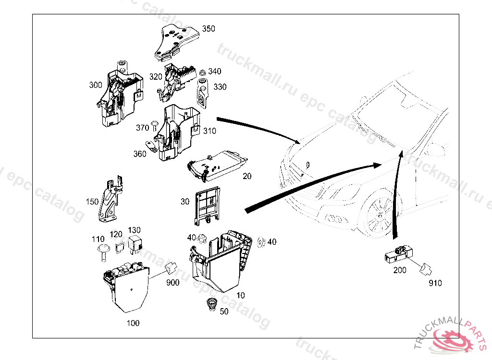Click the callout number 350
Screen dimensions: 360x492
(x=209, y=29)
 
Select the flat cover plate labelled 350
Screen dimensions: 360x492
(x=176, y=41)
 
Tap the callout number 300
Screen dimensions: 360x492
(x=96, y=85)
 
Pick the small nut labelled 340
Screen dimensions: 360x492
(x=203, y=72)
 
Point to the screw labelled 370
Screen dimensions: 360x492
(x=153, y=127)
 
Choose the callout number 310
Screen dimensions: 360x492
(x=209, y=131)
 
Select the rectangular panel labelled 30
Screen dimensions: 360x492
(x=208, y=205)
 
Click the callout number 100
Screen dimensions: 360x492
(x=133, y=323)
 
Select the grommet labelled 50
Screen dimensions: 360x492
(x=210, y=305)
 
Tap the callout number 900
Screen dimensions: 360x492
(x=172, y=283)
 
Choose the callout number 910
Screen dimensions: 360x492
(x=435, y=283)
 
